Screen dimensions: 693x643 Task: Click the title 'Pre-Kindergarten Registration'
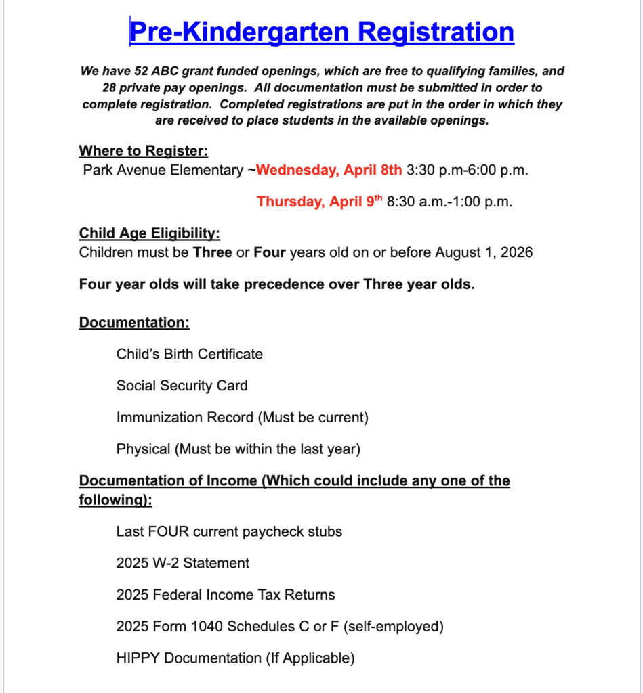pyautogui.click(x=321, y=32)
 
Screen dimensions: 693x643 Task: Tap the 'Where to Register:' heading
pyautogui.click(x=143, y=150)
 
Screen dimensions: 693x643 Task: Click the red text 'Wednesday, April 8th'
pyautogui.click(x=329, y=170)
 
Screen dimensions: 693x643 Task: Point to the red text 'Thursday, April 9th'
pyautogui.click(x=320, y=202)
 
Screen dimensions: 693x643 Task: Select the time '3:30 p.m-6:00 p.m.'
pyautogui.click(x=467, y=170)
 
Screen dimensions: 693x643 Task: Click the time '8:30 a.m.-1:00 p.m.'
pyautogui.click(x=449, y=202)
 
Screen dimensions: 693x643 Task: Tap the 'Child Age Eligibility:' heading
pyautogui.click(x=149, y=233)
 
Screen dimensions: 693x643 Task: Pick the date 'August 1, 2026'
pyautogui.click(x=484, y=252)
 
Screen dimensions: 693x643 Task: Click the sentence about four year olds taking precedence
pyautogui.click(x=276, y=284)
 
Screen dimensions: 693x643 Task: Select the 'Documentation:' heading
pyautogui.click(x=134, y=322)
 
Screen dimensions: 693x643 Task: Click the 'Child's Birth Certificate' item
pyautogui.click(x=189, y=354)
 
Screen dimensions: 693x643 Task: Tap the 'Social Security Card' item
pyautogui.click(x=182, y=386)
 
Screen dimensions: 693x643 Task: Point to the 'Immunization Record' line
pyautogui.click(x=242, y=418)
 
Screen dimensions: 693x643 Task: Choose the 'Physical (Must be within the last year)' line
pyautogui.click(x=238, y=449)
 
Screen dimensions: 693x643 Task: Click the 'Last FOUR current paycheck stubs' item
pyautogui.click(x=229, y=531)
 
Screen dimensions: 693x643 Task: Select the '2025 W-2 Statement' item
pyautogui.click(x=182, y=563)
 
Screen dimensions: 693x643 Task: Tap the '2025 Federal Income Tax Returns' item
pyautogui.click(x=225, y=595)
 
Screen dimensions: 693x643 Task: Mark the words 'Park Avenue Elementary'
pyautogui.click(x=162, y=170)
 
